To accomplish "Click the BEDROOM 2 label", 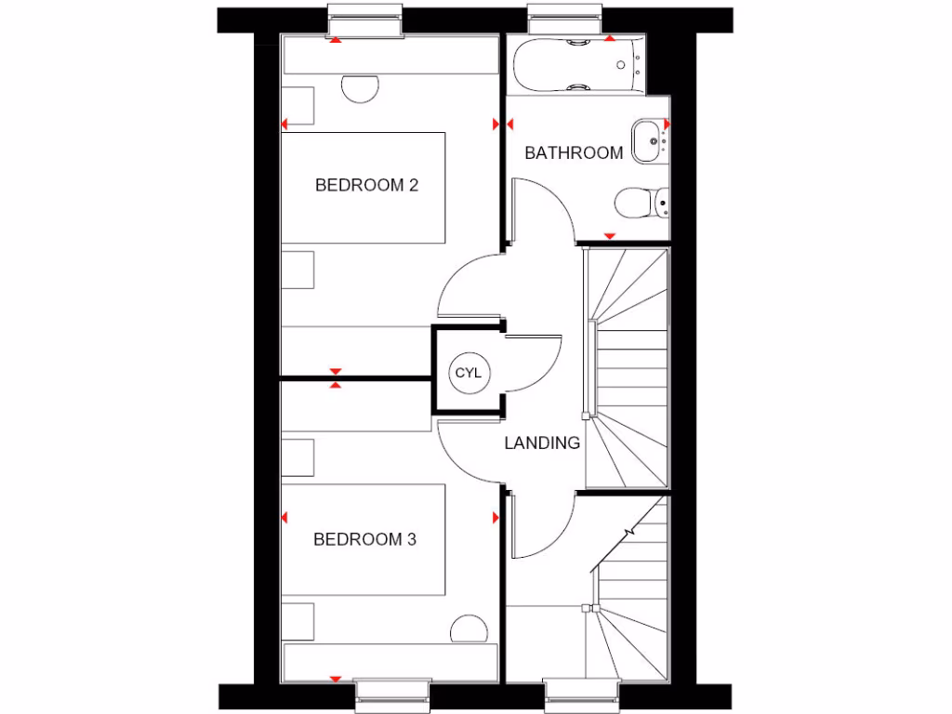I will point(366,185).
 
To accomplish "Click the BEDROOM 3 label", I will point(364,539).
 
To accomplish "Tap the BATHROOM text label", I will point(574,153).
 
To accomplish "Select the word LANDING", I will point(542,443).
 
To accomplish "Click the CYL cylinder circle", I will point(468,373).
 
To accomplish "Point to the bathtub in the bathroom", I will point(576,64).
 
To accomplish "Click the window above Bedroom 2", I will point(365,23).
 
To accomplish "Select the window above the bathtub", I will point(564,23).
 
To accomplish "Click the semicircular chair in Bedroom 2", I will point(361,87).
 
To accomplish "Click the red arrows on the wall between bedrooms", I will point(336,377).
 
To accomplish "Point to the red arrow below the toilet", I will point(610,236).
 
